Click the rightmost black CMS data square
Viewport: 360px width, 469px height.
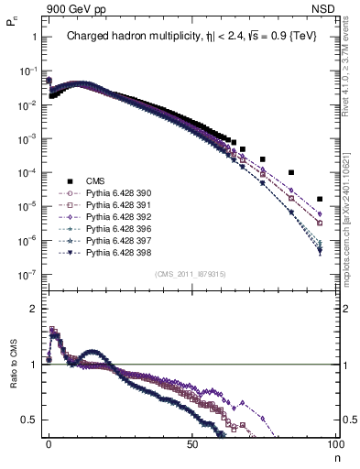(320, 199)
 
